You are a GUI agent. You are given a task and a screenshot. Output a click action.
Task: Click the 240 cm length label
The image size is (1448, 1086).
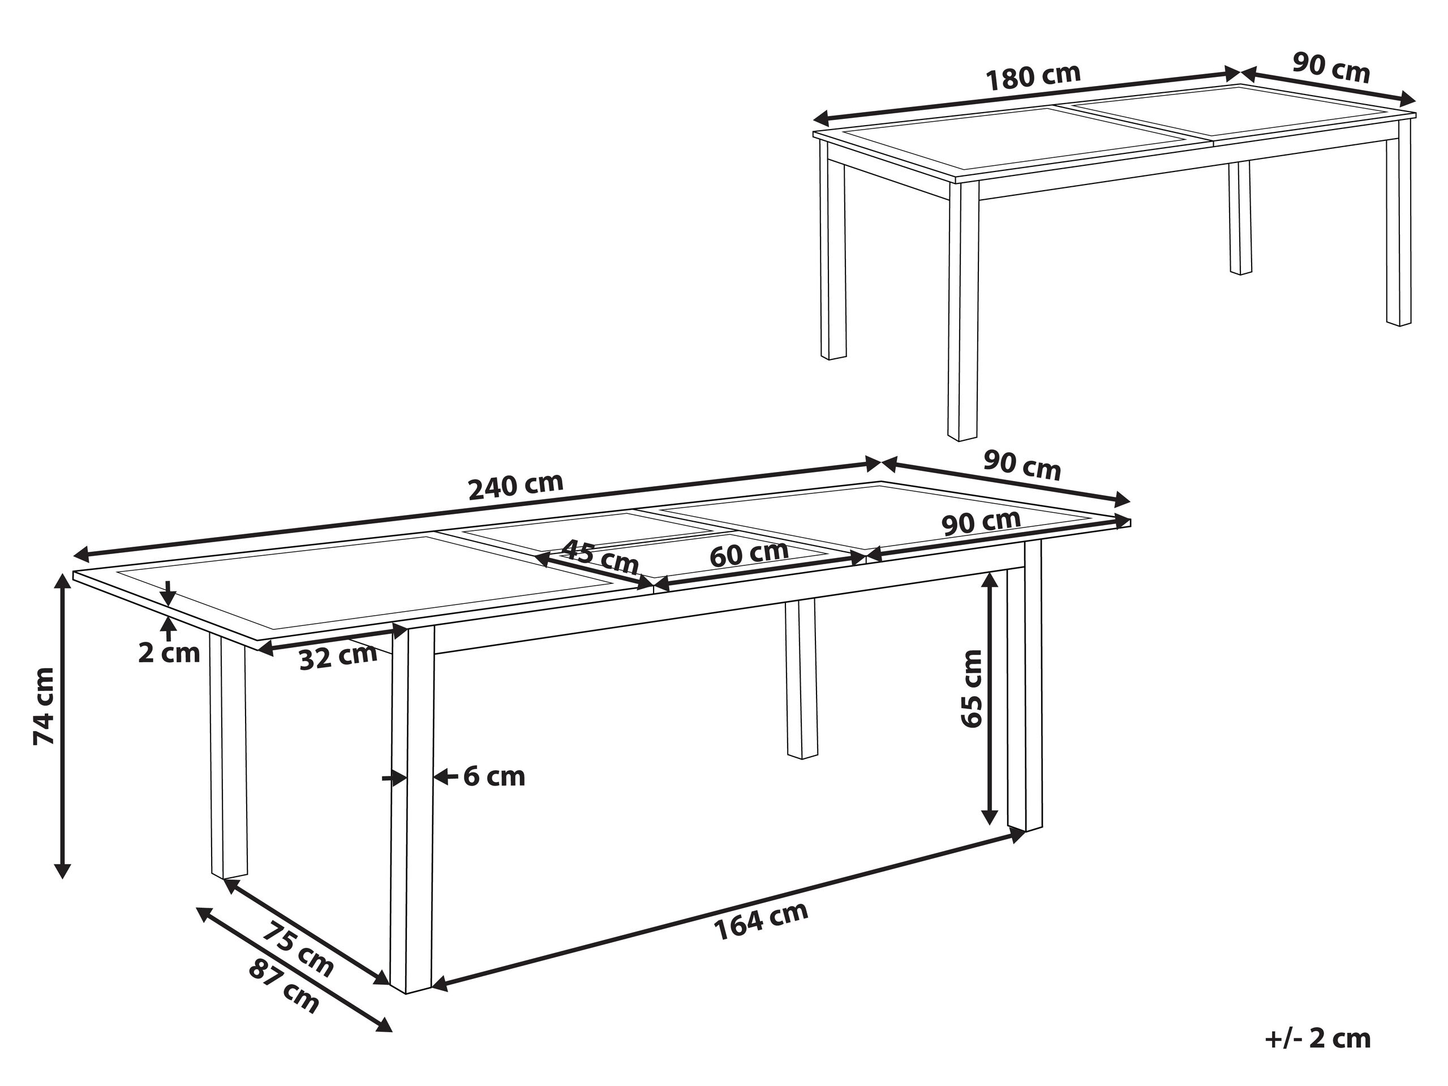click(517, 486)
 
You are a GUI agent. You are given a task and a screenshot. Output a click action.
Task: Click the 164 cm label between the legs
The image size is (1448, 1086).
click(760, 920)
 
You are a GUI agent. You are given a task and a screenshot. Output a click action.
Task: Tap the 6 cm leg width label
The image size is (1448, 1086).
click(494, 777)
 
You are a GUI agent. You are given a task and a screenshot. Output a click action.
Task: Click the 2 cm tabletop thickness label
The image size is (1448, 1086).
click(169, 653)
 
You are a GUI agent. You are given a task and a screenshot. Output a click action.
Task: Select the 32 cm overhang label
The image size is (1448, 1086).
click(338, 656)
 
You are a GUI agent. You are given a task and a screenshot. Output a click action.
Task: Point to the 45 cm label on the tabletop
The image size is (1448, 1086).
click(600, 556)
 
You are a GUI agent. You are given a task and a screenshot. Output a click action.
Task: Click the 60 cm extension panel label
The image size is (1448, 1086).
click(750, 554)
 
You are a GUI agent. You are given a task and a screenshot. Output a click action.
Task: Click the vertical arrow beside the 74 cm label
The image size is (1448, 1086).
click(63, 726)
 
